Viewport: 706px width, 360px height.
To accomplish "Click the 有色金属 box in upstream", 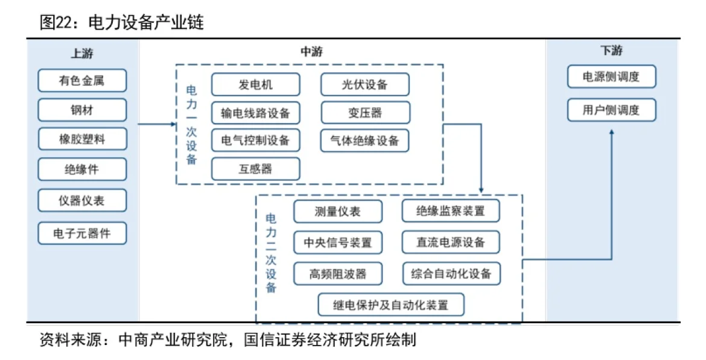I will pos(82,81).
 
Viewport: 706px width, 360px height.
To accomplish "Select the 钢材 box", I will pos(82,110).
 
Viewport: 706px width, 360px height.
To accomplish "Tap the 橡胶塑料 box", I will pos(82,139).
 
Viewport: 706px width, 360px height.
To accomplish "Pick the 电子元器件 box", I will pos(82,233).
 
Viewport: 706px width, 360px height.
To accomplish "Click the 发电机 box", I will pos(255,85).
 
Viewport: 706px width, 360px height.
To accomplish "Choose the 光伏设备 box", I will pos(364,85).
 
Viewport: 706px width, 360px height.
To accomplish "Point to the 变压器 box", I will pos(364,113).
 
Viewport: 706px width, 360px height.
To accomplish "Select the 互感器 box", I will pos(255,169).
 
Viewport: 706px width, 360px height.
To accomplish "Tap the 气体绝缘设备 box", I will pos(364,141).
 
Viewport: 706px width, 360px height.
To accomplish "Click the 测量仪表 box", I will pos(337,211).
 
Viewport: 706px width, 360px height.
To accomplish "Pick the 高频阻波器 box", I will pos(337,274).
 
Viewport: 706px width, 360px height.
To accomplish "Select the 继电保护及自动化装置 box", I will pos(391,305).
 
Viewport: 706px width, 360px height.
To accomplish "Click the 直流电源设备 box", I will pos(451,242).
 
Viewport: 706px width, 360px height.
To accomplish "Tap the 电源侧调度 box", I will pos(611,77).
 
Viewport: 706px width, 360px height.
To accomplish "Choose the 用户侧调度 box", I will pos(611,110).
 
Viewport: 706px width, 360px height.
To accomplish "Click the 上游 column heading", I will pos(82,53).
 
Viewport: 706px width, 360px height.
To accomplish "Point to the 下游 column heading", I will pos(611,51).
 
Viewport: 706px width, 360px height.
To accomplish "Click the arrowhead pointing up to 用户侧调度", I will pos(611,131).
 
